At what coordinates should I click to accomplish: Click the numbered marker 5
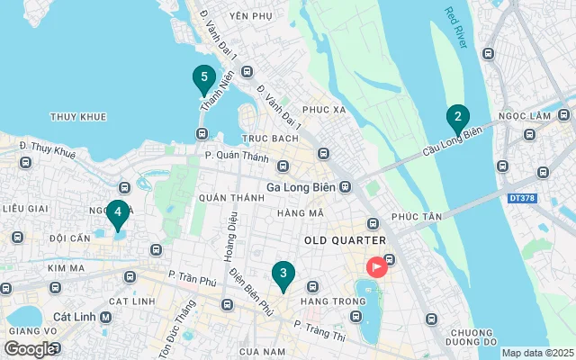[204, 78]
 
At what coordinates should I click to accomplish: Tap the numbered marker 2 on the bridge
[458, 117]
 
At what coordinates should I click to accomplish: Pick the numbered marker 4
[117, 213]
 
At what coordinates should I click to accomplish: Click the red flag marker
[375, 266]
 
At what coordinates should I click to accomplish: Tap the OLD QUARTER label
[345, 240]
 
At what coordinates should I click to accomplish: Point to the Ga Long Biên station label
[307, 188]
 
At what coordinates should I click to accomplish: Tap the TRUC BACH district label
[269, 139]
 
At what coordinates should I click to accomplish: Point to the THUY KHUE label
[78, 117]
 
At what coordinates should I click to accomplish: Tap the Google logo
[30, 348]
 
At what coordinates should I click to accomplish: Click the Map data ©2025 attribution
[536, 354]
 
